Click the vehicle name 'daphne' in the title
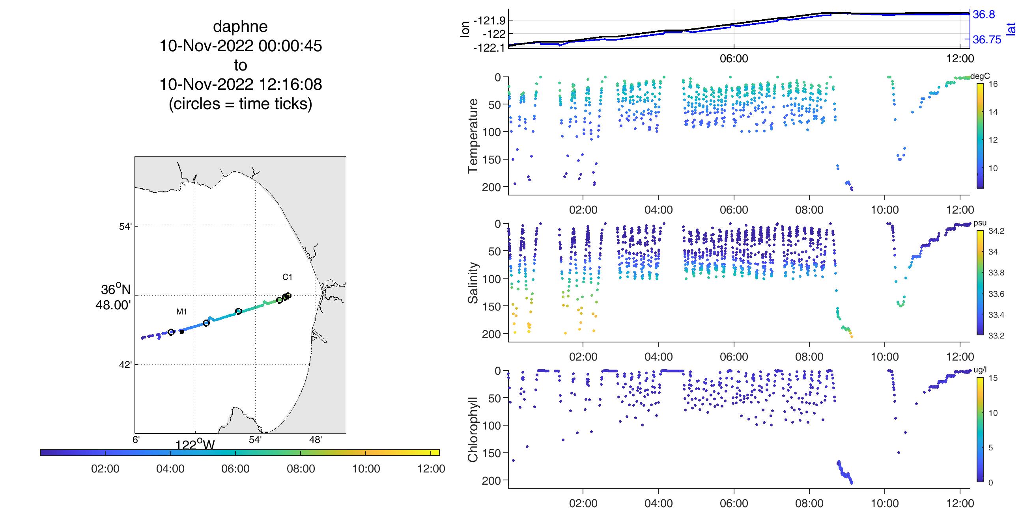pos(240,26)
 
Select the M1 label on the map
pos(181,311)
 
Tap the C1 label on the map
pos(287,277)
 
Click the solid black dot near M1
pos(182,332)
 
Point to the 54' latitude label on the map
pos(126,227)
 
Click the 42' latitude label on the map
pos(126,365)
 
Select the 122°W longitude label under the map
pos(195,445)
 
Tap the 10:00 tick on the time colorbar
pos(366,469)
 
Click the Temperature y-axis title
pos(473,136)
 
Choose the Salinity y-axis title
pos(473,283)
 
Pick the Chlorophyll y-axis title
pos(473,430)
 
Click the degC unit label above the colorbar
pos(980,76)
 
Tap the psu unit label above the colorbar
pos(980,223)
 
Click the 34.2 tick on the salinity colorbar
pos(996,231)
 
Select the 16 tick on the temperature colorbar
pos(993,84)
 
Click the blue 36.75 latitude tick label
pos(987,40)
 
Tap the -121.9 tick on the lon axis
pos(488,20)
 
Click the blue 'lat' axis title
pos(1011,29)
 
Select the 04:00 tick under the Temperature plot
pos(659,210)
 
